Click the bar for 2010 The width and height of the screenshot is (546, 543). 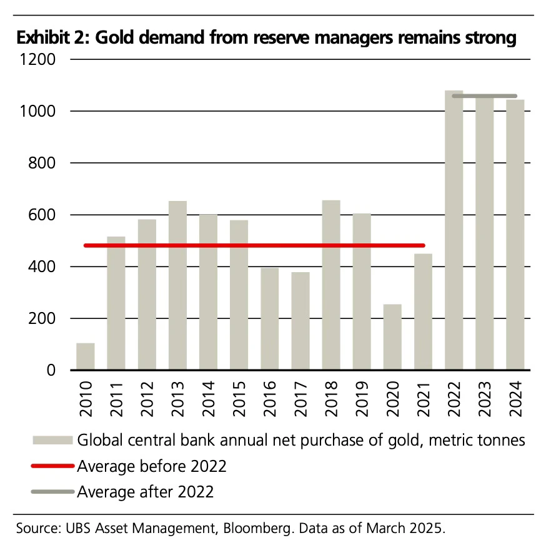pyautogui.click(x=85, y=356)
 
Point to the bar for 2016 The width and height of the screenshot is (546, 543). pyautogui.click(x=269, y=318)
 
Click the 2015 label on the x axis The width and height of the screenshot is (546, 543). pyautogui.click(x=239, y=399)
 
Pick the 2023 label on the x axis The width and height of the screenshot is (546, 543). pyautogui.click(x=484, y=399)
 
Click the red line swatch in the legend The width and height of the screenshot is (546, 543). pyautogui.click(x=52, y=466)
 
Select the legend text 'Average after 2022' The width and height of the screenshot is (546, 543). pyautogui.click(x=145, y=492)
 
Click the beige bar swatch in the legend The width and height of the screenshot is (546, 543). pyautogui.click(x=52, y=440)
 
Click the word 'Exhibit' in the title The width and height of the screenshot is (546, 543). pyautogui.click(x=42, y=38)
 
